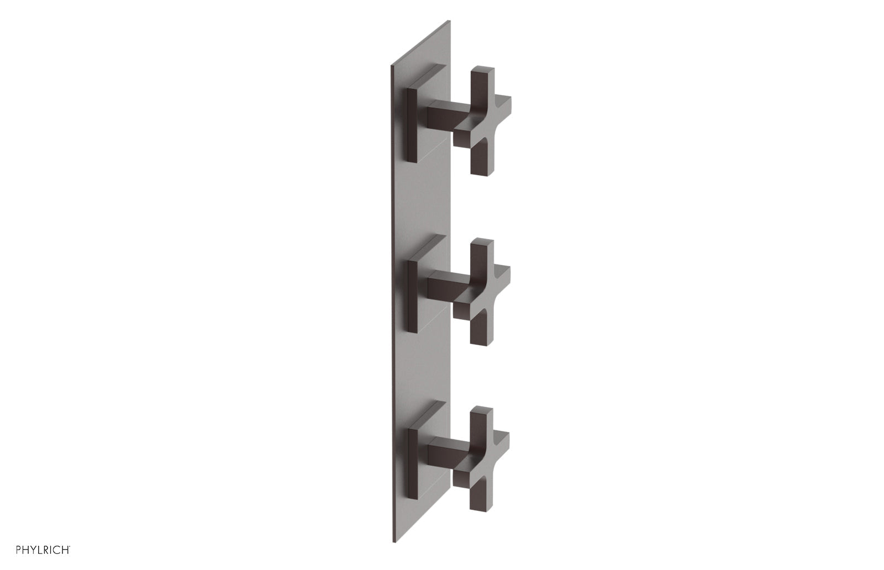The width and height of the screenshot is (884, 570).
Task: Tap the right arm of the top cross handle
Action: point(500,107)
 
